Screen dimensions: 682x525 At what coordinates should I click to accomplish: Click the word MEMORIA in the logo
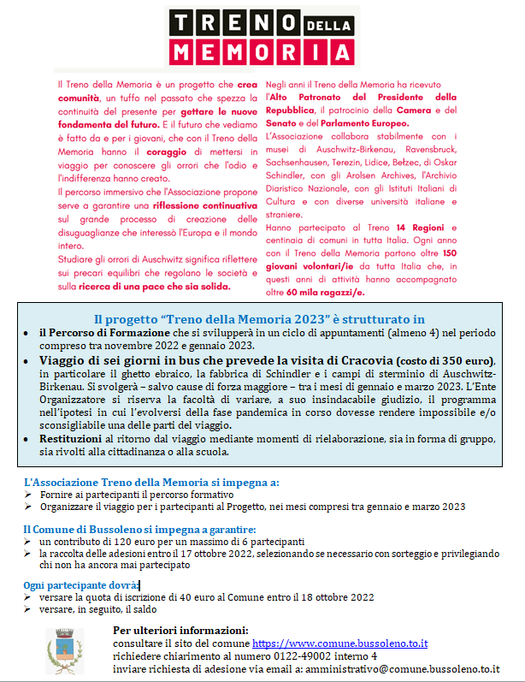click(x=262, y=50)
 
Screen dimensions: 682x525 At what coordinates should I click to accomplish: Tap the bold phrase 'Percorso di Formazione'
click(x=108, y=332)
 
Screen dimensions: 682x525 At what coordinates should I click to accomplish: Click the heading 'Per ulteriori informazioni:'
click(x=180, y=631)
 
